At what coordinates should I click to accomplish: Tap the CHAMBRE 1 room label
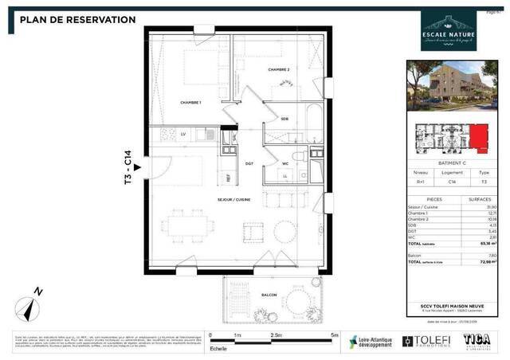190,104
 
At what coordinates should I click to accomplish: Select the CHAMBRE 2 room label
278,69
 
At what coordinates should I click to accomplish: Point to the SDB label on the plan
284,119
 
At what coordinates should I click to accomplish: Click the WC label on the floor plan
284,163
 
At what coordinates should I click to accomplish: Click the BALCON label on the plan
269,295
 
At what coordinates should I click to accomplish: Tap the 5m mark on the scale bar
335,335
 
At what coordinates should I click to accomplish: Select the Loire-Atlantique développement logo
371,342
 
